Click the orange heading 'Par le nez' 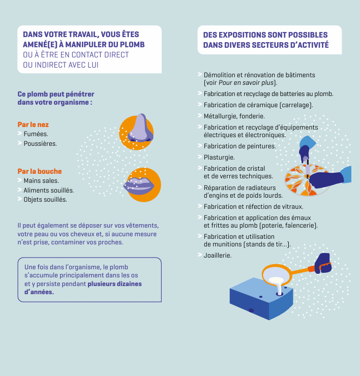pos(33,124)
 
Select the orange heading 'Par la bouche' pos(40,171)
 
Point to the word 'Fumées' pos(36,134)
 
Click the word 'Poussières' pos(40,143)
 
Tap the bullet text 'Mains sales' pos(41,180)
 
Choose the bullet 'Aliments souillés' pos(49,190)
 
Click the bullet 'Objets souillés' pos(45,200)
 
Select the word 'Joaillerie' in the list pos(217,256)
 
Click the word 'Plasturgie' pos(219,158)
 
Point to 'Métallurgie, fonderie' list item pos(234,116)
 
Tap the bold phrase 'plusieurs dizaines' pos(114,284)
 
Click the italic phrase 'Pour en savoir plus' pos(246,83)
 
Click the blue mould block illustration pos(261,299)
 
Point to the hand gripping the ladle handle pos(323,263)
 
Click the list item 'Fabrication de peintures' pos(239,146)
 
